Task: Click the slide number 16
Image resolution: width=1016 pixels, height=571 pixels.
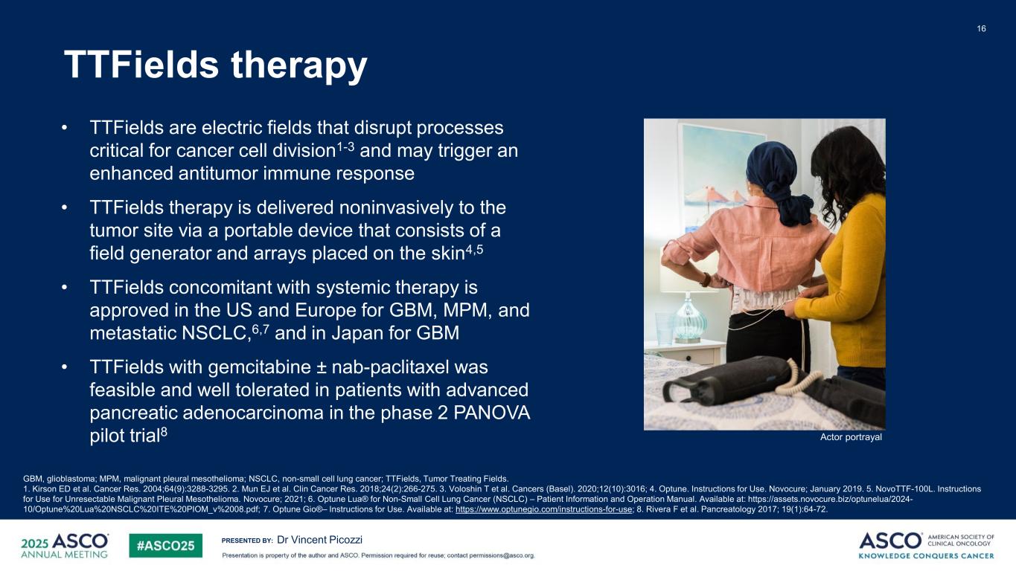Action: click(x=981, y=28)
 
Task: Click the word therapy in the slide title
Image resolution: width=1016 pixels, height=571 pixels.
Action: click(x=299, y=65)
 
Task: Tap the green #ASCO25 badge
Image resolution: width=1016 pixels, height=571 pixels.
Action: click(x=165, y=546)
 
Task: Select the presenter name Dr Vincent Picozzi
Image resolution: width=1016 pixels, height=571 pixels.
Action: click(x=319, y=540)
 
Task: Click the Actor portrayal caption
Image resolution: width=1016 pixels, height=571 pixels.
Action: click(x=851, y=437)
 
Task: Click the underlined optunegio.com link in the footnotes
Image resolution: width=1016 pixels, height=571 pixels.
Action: click(x=544, y=509)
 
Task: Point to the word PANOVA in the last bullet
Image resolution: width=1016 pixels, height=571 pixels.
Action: click(x=492, y=413)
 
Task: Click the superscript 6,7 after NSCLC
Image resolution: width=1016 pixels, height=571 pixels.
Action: click(x=261, y=329)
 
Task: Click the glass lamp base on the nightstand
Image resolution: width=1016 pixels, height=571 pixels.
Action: click(x=689, y=321)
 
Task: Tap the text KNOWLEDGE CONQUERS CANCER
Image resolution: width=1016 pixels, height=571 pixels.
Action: click(x=926, y=555)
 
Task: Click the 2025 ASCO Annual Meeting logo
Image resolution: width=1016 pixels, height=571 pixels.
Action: click(x=65, y=545)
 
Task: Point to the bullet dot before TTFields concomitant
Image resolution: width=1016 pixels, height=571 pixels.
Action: click(x=65, y=287)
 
